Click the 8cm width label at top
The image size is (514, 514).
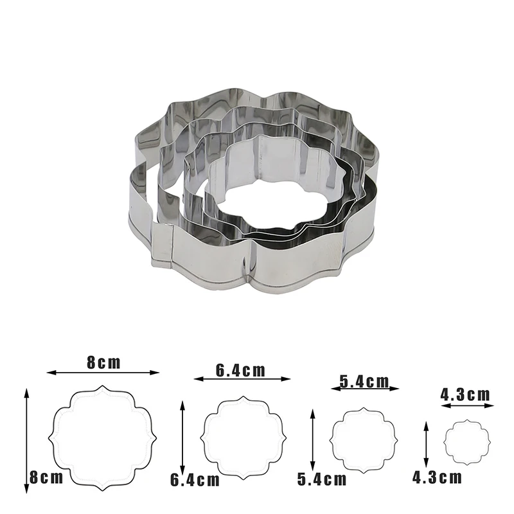point(103,362)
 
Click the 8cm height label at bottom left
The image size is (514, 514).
point(46,477)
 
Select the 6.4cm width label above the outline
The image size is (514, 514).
point(240,371)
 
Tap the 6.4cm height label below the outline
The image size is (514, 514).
point(195,480)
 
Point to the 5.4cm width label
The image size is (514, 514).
point(364,382)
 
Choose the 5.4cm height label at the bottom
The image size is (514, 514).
point(322,479)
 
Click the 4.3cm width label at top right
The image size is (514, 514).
point(465,394)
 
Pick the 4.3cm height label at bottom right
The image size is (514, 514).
point(437,477)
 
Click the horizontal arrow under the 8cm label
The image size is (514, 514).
point(103,373)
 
